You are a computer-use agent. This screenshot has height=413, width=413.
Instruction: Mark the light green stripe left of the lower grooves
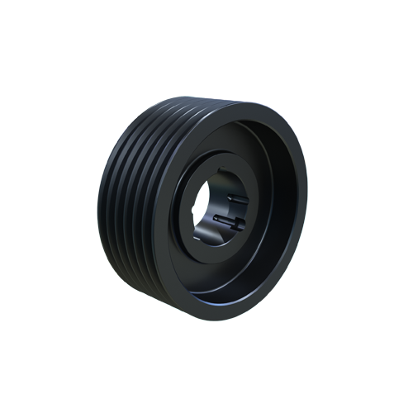(x=102, y=248)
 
